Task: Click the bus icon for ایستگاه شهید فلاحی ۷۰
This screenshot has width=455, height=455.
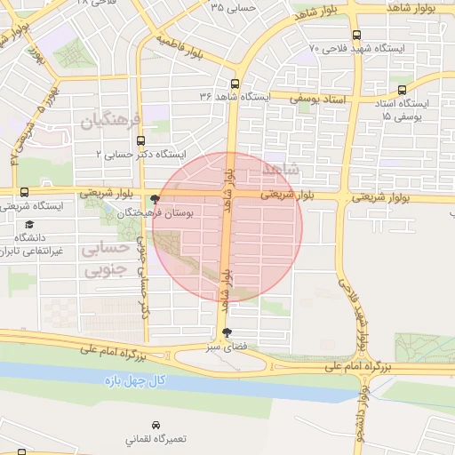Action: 356,35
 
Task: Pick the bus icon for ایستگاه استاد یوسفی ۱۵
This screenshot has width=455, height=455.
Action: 403,90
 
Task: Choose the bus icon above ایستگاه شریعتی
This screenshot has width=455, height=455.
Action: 23,192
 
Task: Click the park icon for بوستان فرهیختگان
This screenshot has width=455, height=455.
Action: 156,200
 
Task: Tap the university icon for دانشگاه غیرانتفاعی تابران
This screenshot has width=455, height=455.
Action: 29,225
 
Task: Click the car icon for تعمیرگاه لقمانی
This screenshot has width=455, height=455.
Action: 156,425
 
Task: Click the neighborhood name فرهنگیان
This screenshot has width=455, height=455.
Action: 110,119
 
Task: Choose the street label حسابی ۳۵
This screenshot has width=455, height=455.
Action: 234,7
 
